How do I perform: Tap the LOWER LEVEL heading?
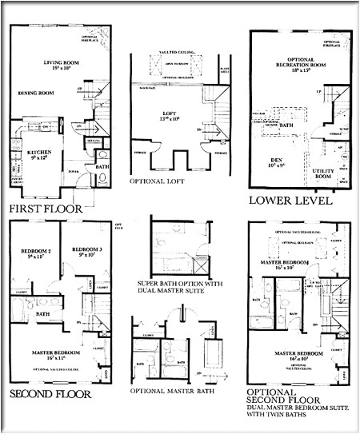coord(290,200)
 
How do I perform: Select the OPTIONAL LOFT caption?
coord(165,181)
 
